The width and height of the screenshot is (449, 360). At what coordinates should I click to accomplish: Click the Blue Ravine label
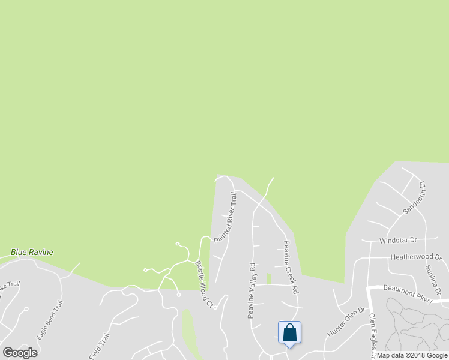click(x=31, y=252)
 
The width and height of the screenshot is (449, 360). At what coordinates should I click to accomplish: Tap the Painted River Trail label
click(x=226, y=217)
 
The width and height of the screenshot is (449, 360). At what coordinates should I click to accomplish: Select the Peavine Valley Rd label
click(x=252, y=290)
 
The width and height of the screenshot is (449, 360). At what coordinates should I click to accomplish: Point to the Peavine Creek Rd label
click(x=291, y=267)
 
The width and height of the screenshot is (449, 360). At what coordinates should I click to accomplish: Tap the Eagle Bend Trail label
click(x=49, y=320)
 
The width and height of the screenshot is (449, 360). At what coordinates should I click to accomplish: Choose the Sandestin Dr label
click(x=414, y=199)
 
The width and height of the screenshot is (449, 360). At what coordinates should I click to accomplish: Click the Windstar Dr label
click(x=398, y=240)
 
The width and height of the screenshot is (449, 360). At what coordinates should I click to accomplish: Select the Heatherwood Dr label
click(x=415, y=257)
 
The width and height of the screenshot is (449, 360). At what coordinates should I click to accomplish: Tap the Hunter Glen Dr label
click(x=346, y=322)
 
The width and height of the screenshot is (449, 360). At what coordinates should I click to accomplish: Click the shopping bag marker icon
click(x=289, y=332)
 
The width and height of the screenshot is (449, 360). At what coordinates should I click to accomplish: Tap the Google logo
click(x=20, y=353)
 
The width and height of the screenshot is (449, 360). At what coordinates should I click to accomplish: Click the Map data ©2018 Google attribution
click(x=412, y=355)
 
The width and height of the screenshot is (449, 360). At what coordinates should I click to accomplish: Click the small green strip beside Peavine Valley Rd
click(x=268, y=278)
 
